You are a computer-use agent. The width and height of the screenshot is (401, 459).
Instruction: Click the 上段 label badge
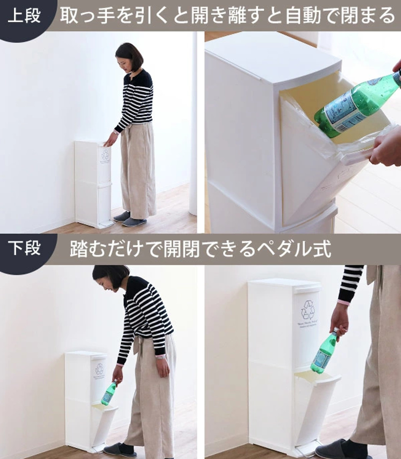(24, 16)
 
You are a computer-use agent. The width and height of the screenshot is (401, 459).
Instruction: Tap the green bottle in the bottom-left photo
(109, 393)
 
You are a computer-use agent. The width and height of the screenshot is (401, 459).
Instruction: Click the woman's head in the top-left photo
(129, 57)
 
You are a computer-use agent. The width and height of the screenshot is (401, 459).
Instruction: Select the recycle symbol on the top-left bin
(105, 155)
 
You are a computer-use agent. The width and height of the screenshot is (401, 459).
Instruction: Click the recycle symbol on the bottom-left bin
(99, 369)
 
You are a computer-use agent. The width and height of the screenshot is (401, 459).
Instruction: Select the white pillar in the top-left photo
(193, 126)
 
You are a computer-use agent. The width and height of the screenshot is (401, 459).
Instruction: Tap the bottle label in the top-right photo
(345, 109)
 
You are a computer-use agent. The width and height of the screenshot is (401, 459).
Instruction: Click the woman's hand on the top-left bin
(111, 140)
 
